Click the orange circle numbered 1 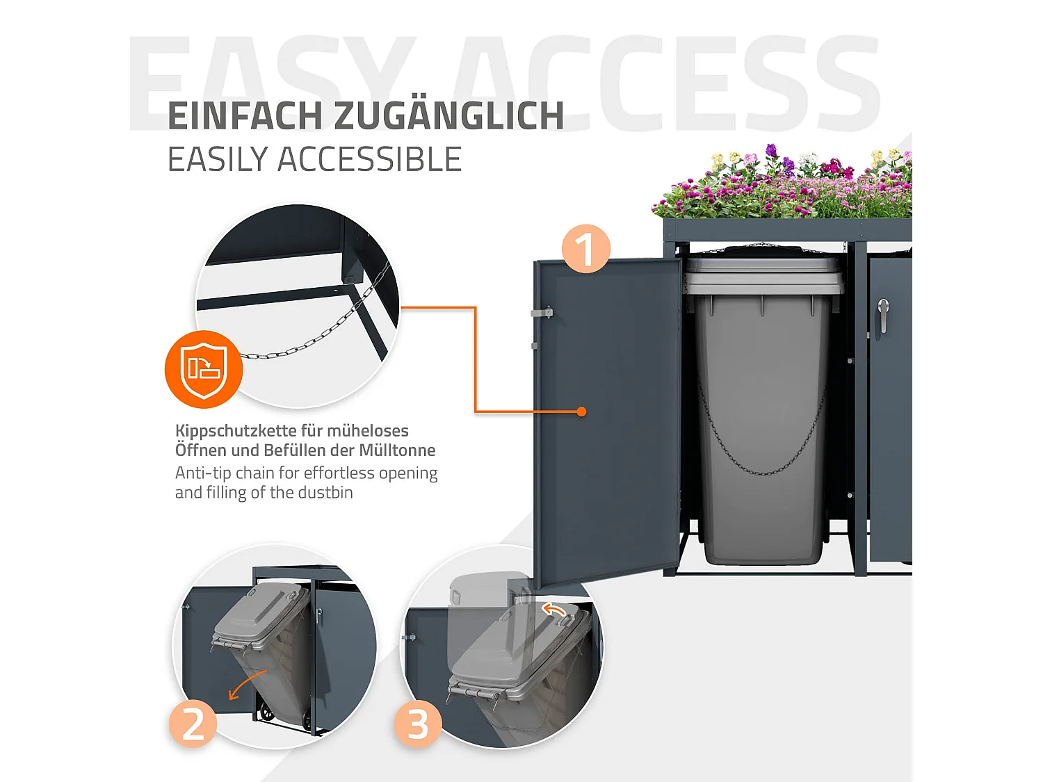pos(585,248)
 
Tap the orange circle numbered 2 pos(193,724)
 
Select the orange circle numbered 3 pos(417,724)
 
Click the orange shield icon pos(204,368)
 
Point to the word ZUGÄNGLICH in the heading pos(449,116)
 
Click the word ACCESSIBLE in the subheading pos(369,160)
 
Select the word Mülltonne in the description pos(397,450)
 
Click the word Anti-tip pos(202,473)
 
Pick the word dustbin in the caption pos(325,493)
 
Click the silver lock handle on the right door pos(883,314)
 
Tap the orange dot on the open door pos(581,412)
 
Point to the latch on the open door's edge pos(542,313)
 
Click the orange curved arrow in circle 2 pos(246,684)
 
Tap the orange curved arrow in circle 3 pos(554,610)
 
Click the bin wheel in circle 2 pos(266,712)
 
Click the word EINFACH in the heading pos(245,116)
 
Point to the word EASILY pos(218,160)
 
